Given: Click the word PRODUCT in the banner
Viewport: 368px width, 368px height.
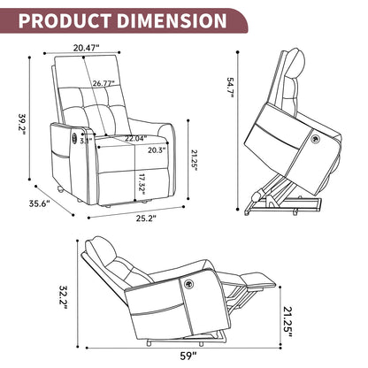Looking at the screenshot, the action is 65,20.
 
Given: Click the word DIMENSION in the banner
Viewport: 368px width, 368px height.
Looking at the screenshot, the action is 172,20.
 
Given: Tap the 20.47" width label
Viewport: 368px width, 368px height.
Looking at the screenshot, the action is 87,48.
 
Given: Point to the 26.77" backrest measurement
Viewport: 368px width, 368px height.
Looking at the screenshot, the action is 103,83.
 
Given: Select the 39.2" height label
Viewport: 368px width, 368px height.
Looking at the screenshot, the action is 22,124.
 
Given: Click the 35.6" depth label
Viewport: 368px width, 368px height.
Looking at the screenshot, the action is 40,203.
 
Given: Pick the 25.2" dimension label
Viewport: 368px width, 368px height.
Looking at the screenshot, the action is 146,218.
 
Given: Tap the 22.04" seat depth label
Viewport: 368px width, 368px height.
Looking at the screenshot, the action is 135,138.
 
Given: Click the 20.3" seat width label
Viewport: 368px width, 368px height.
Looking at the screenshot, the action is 157,150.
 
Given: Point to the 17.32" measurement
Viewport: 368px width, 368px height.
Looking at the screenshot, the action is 142,184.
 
